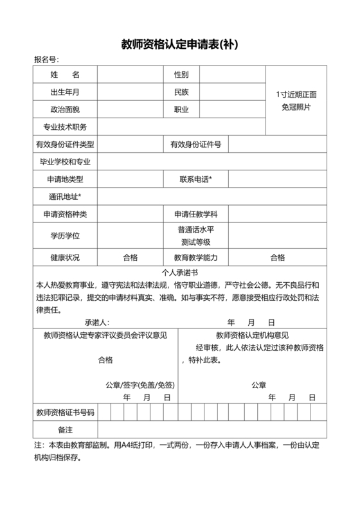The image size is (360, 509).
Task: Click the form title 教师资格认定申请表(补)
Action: coord(181,44)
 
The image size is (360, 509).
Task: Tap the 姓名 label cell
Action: coord(65,75)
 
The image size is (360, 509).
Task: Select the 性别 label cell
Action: coord(181,75)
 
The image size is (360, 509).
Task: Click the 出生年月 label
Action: coord(65,92)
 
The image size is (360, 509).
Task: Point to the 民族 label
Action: coord(181,92)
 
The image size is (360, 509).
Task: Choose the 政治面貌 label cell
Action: coord(65,109)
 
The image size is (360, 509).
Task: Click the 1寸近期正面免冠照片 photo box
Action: coord(296,101)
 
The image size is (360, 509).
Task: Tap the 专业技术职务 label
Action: coord(65,127)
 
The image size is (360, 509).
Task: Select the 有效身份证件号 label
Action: coord(195,144)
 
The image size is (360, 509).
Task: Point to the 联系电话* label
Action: coord(196,179)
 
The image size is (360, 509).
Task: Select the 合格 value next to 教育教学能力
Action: coord(277,258)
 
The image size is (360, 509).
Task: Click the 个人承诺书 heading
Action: coord(181,272)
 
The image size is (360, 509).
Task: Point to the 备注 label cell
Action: coord(65,429)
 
